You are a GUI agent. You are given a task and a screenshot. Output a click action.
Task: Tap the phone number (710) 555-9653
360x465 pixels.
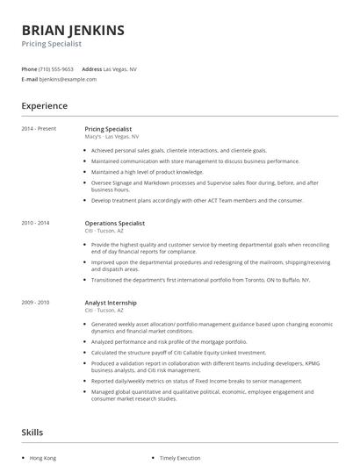coord(56,68)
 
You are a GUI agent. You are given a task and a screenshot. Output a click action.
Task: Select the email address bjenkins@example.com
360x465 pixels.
coord(67,79)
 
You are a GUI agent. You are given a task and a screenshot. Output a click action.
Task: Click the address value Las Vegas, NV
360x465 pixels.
coord(120,68)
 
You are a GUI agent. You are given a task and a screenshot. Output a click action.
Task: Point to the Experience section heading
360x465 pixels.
coord(44,106)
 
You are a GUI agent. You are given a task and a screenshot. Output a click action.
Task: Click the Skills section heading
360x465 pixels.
coord(32,432)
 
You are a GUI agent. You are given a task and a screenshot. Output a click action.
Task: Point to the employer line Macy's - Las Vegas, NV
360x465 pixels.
coord(112,137)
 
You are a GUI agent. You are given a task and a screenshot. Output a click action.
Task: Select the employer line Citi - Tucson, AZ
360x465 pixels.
coord(104,310)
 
